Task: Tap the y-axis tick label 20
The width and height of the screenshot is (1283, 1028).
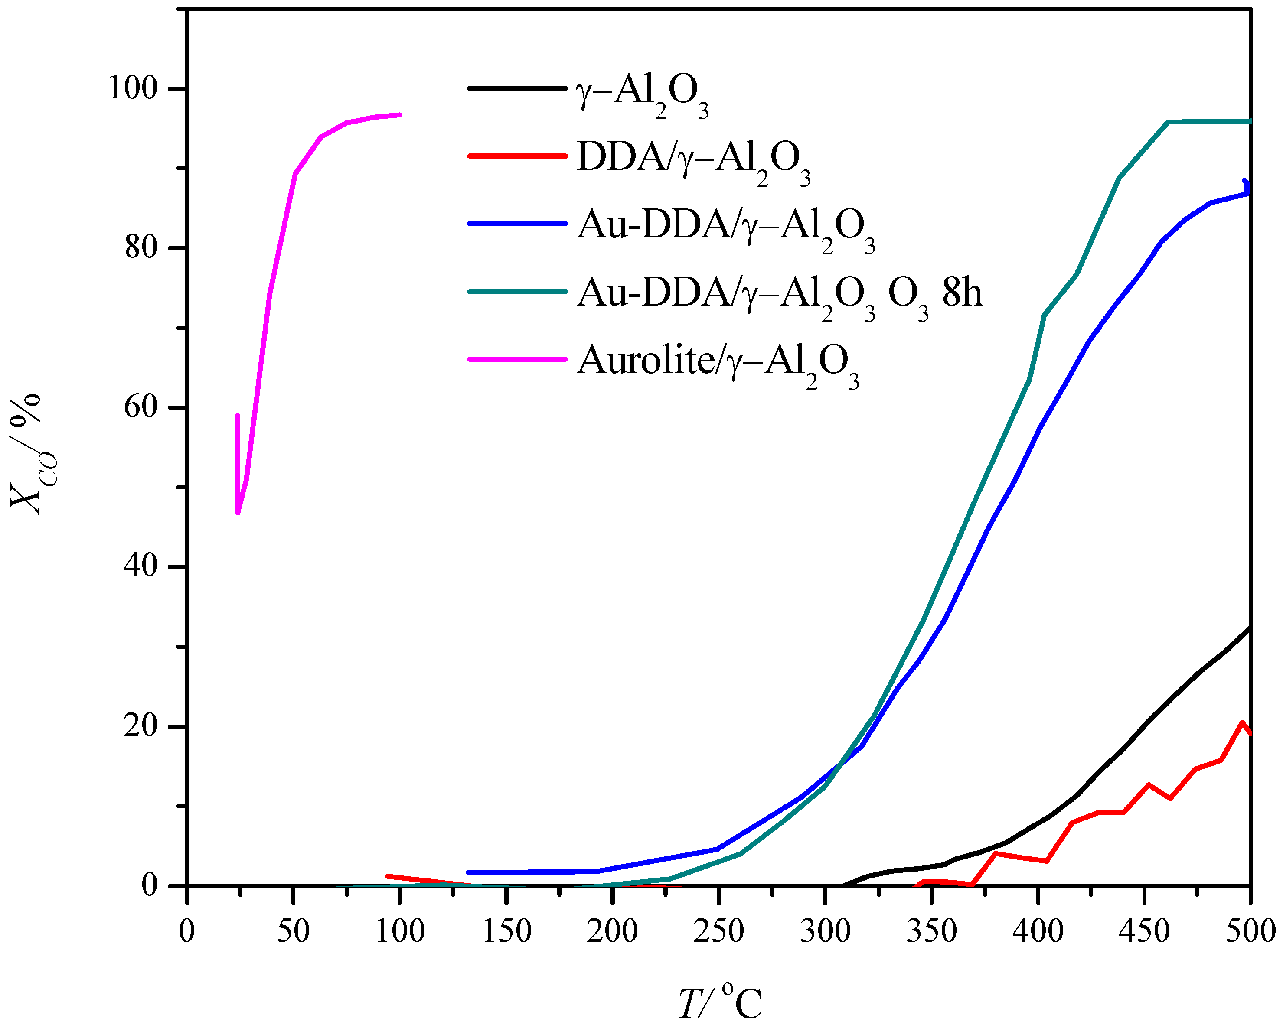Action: tap(140, 727)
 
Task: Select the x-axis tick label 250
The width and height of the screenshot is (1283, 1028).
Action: tap(718, 931)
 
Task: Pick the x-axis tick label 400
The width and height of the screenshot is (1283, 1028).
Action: tap(1038, 931)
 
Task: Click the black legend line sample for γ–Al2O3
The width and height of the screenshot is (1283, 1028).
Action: tap(516, 89)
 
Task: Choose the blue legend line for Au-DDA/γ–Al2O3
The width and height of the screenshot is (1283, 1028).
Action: tap(516, 224)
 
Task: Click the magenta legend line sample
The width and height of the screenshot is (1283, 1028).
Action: tap(516, 359)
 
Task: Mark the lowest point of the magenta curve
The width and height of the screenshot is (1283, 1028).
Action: tap(238, 513)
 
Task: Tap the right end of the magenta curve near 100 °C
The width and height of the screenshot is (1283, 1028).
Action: tap(399, 114)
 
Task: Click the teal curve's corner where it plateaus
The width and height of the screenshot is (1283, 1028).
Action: tap(1168, 122)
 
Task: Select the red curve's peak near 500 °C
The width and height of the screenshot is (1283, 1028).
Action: tap(1242, 723)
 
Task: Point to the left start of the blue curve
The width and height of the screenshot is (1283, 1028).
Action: tap(468, 872)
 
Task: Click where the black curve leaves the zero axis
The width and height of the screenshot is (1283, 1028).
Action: tap(842, 885)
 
